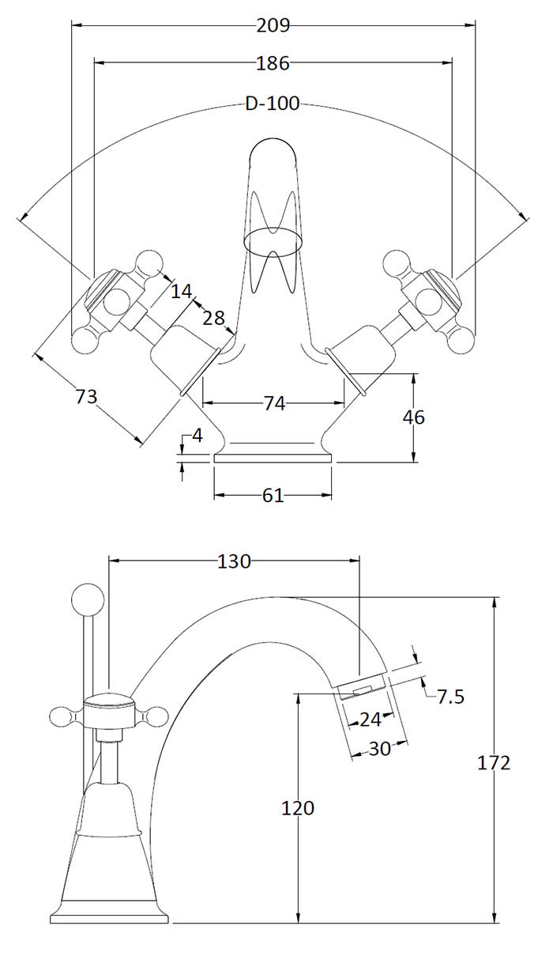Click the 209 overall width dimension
tap(273, 25)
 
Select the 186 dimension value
tap(273, 62)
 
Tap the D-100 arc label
tap(273, 104)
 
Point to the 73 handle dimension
tap(86, 395)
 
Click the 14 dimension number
tap(182, 291)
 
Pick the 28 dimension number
tap(213, 318)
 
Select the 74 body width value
tap(273, 403)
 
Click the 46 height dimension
tap(413, 417)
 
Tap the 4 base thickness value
tap(197, 436)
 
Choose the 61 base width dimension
tap(273, 496)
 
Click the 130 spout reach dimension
tap(234, 561)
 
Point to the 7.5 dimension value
tap(450, 697)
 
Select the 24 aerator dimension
tap(370, 720)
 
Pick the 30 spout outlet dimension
tap(380, 748)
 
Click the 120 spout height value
tap(298, 808)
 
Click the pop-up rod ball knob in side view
tap(88, 599)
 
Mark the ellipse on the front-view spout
tap(273, 240)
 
